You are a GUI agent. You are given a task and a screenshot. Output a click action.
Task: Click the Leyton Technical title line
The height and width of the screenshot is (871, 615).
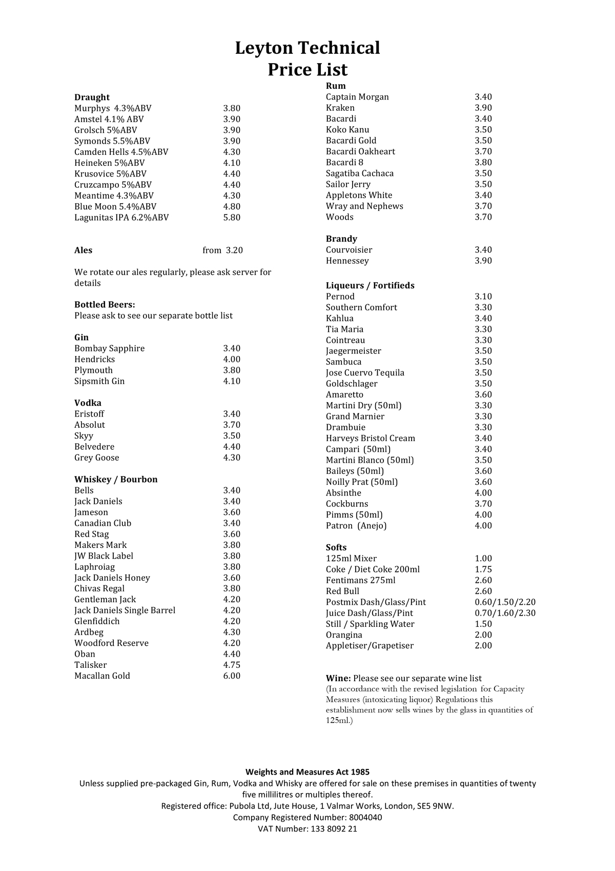[x=307, y=48]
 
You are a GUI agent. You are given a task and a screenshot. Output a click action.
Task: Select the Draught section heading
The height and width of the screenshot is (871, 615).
[x=92, y=97]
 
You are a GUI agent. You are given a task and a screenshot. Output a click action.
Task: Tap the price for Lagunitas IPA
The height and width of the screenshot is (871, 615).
[x=232, y=217]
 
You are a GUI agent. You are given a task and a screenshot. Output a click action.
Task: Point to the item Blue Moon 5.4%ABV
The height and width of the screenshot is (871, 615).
[x=115, y=207]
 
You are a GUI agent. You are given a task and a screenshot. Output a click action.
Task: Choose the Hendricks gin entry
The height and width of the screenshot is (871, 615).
[x=94, y=360]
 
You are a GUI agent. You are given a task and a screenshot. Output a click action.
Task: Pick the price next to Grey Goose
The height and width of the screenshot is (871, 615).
[x=232, y=458]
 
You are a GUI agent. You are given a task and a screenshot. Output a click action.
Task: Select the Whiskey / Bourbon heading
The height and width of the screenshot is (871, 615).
[x=116, y=480]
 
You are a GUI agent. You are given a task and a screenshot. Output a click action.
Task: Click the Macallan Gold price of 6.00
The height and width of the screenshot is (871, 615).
[x=232, y=676]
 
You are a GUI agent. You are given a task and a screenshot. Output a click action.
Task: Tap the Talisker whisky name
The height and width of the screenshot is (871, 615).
[x=91, y=665]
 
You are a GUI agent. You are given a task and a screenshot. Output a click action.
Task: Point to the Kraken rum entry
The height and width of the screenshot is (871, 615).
[x=340, y=108]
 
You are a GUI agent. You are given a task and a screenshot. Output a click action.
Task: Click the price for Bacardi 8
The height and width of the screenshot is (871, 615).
[x=483, y=163]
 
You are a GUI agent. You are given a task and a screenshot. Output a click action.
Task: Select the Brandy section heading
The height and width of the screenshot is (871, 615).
[x=341, y=239]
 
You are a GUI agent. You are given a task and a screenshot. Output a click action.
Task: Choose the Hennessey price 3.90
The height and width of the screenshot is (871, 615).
[x=483, y=261]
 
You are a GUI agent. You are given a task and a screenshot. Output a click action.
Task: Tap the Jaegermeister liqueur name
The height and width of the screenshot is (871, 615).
[x=354, y=351]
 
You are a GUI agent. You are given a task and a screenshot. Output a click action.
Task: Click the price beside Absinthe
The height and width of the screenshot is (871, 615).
[x=483, y=493]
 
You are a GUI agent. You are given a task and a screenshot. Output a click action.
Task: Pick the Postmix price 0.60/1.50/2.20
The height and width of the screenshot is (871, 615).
[x=505, y=602]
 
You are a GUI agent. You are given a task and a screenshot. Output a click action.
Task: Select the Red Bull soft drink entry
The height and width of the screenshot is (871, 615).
[x=342, y=591]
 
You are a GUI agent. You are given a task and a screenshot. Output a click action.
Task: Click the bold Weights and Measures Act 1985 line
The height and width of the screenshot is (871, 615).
[x=307, y=772]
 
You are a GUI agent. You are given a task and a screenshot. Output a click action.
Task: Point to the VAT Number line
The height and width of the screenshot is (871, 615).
[x=307, y=828]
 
